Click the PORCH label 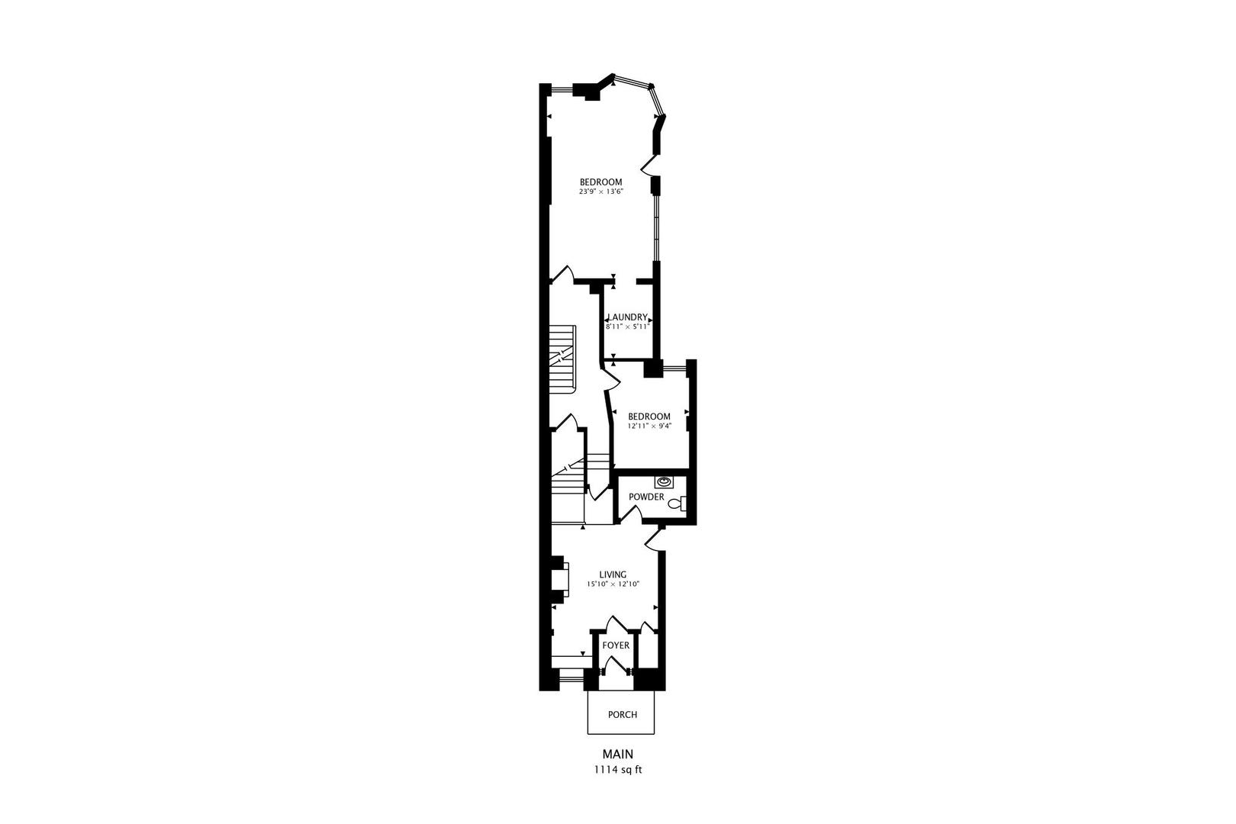622,715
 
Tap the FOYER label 616,645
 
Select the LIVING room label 613,575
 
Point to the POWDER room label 646,497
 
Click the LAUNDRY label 627,317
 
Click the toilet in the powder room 681,503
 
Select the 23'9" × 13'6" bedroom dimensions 601,192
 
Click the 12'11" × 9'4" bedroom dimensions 649,426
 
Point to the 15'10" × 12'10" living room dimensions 613,584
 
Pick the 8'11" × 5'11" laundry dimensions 627,327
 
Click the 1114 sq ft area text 618,769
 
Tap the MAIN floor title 618,754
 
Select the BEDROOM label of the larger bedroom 601,182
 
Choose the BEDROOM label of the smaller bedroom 649,417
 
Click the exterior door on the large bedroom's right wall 651,164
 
